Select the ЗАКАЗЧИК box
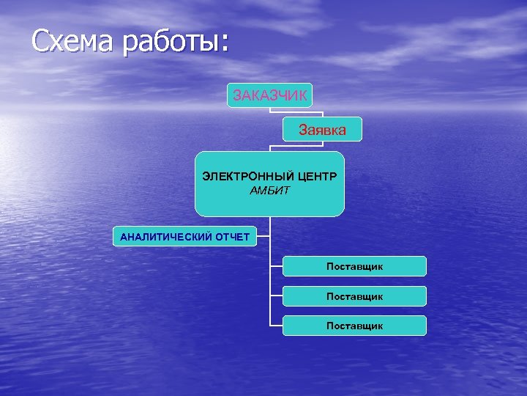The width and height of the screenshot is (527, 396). [x=269, y=95]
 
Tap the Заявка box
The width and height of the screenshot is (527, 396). [x=322, y=130]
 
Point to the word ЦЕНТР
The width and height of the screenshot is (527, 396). [x=317, y=177]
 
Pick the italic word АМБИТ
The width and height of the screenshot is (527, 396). [x=269, y=191]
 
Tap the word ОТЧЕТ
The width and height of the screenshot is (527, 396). [x=232, y=237]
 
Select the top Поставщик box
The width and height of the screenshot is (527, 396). [x=354, y=266]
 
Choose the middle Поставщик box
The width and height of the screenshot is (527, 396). [x=354, y=296]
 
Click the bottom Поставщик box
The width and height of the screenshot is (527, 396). [x=354, y=326]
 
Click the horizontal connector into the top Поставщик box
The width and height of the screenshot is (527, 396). [x=276, y=266]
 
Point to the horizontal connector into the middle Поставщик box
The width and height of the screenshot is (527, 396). [x=276, y=296]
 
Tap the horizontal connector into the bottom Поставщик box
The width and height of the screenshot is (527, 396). [x=276, y=325]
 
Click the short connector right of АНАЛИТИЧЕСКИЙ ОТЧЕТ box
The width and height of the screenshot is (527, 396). [x=263, y=236]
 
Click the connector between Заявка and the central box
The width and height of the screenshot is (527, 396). [x=270, y=147]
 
